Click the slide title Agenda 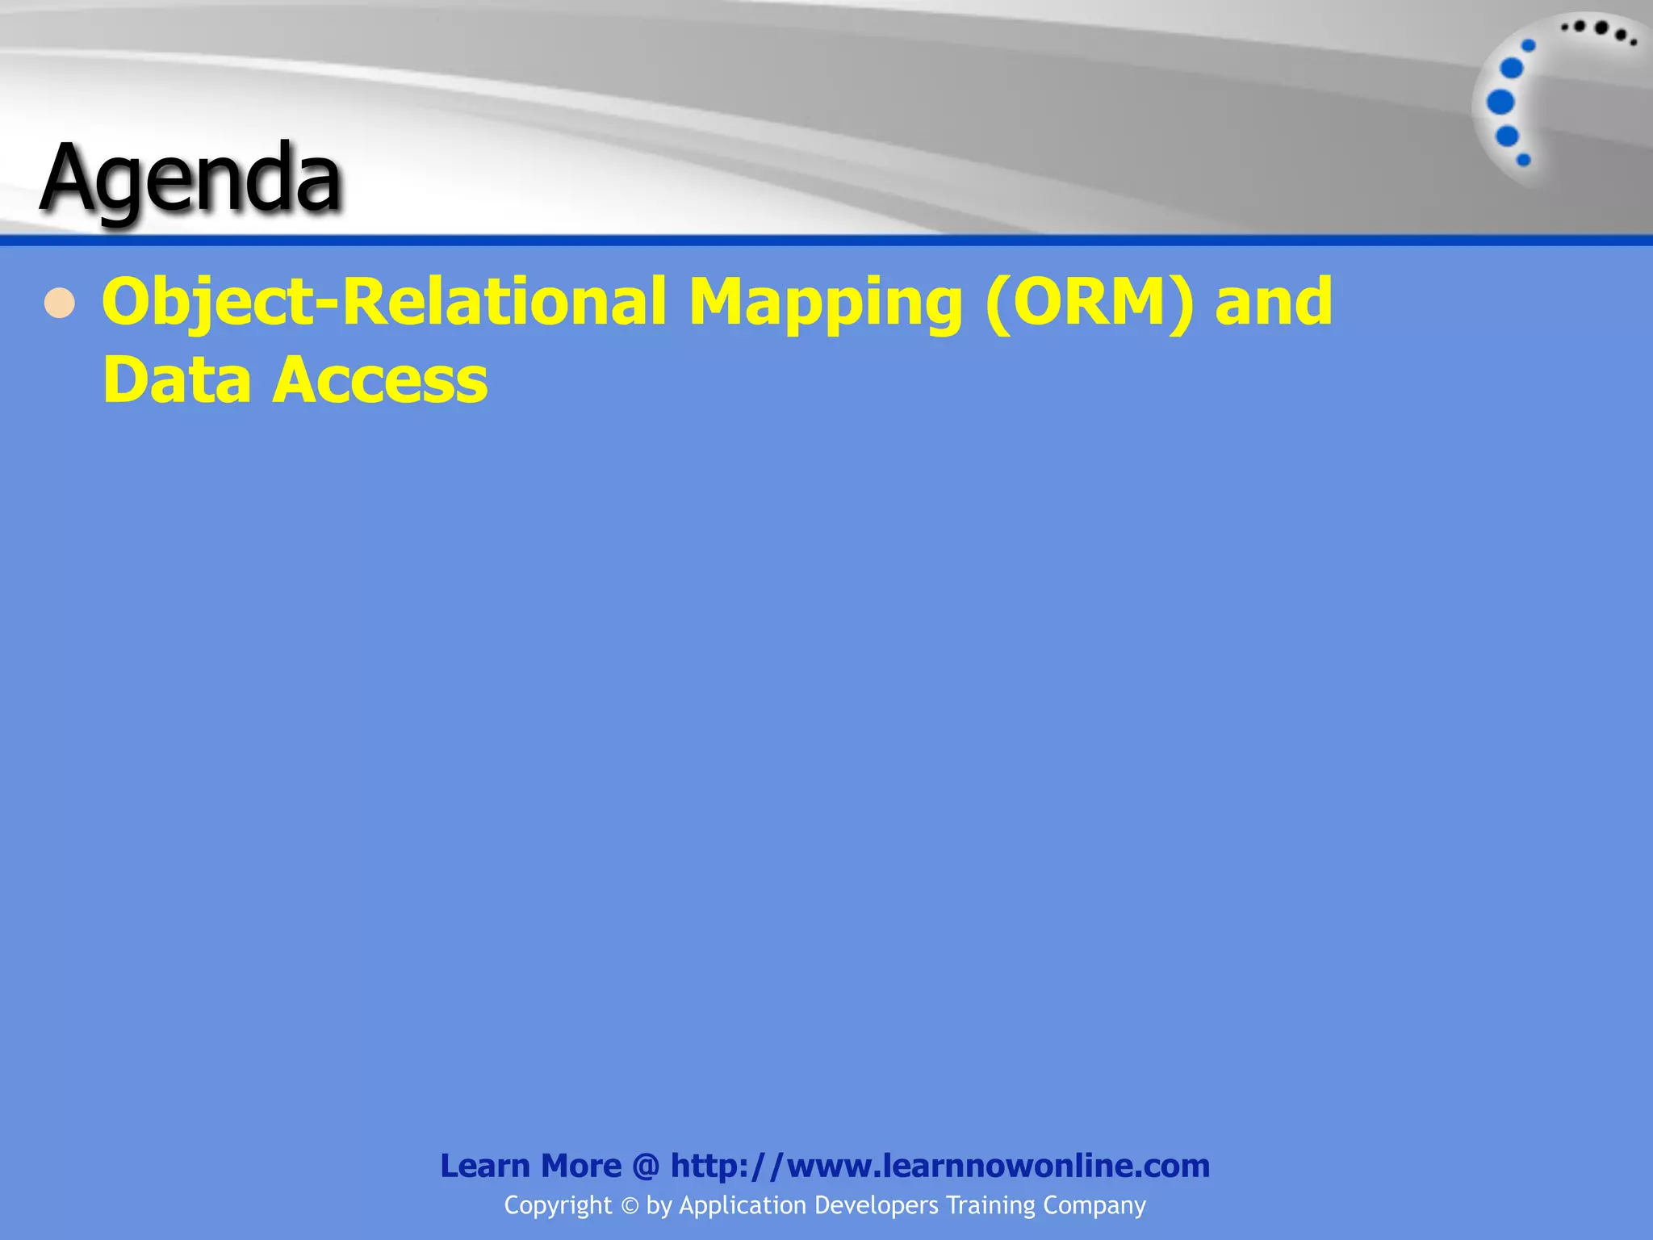(191, 179)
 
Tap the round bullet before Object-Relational (60, 304)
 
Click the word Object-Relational (384, 303)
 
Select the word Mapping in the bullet (825, 304)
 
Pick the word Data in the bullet (177, 379)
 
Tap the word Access (380, 380)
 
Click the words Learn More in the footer (530, 1166)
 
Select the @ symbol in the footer (646, 1166)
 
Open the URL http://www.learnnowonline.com (940, 1166)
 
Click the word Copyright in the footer (558, 1205)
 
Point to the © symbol (630, 1206)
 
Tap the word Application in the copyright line (743, 1205)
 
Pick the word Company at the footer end (1094, 1205)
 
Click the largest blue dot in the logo (1500, 103)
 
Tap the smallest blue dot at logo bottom (1524, 160)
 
